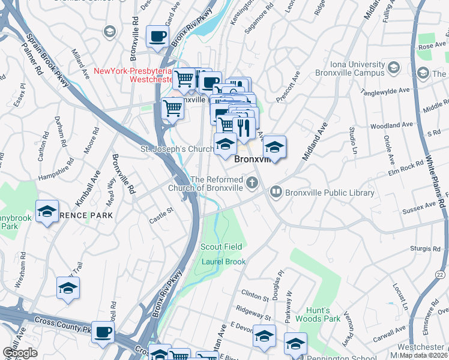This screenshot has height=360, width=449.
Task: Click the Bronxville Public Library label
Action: (x=330, y=193)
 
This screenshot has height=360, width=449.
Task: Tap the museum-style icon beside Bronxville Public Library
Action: (x=276, y=193)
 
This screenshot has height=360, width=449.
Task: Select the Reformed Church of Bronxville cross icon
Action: (x=252, y=182)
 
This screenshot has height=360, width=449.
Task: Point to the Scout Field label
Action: (x=221, y=247)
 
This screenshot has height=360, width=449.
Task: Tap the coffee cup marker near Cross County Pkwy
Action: (x=103, y=331)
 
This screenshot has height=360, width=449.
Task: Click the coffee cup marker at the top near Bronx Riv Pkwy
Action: (x=157, y=36)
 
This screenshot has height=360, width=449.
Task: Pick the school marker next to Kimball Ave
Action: (x=47, y=211)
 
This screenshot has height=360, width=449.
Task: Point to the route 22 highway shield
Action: (x=442, y=274)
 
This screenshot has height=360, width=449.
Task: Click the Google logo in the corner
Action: (x=20, y=353)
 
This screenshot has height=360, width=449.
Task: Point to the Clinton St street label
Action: (x=255, y=296)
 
